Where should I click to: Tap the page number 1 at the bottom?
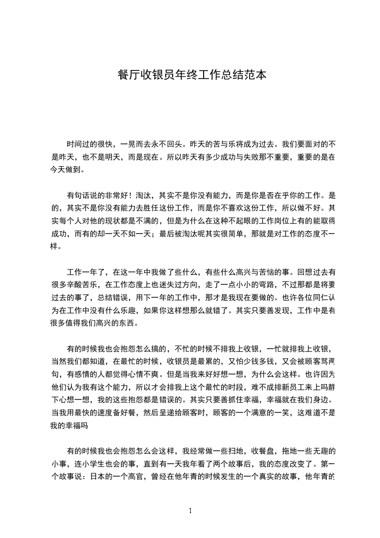pos(191,511)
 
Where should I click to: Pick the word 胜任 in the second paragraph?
pos(173,209)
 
